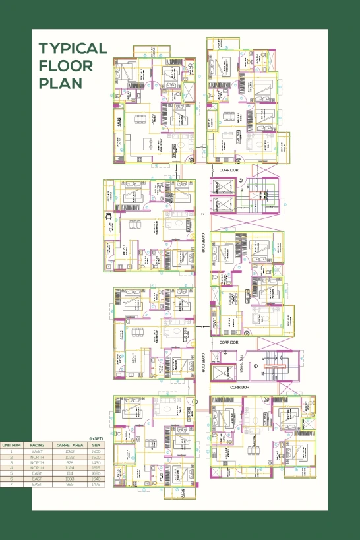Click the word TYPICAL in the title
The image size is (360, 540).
73,49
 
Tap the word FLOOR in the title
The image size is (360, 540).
65,66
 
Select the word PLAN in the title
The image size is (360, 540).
60,84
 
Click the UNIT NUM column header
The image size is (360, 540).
12,445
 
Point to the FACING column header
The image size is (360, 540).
38,445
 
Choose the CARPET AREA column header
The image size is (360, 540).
69,445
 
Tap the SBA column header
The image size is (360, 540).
96,445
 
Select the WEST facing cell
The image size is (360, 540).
38,451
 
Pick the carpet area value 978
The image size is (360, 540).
69,462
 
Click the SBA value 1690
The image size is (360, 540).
96,473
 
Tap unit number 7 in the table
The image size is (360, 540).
12,485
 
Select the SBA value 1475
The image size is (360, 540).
96,485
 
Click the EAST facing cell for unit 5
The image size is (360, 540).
38,473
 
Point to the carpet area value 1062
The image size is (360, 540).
69,451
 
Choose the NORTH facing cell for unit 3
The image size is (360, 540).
38,462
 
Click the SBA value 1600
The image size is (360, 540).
96,451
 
